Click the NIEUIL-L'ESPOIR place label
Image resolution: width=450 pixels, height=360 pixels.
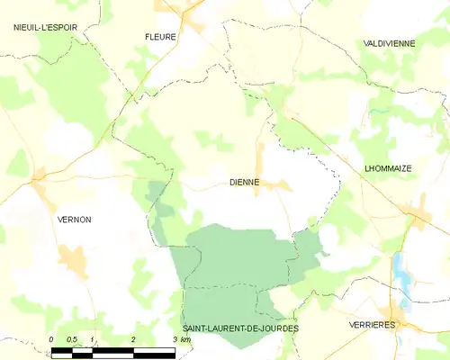coord(45,28)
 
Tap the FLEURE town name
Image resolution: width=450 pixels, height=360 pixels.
coord(160,37)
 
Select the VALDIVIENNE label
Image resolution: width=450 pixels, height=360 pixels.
coord(388,43)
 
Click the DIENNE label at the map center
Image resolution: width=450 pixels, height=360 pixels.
coord(243,182)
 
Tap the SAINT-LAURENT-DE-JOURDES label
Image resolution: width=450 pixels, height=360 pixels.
coord(239,328)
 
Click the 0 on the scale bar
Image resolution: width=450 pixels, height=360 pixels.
coord(51,338)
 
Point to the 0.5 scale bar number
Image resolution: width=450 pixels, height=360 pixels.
coord(72,338)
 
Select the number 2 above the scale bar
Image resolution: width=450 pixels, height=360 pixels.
coord(133,338)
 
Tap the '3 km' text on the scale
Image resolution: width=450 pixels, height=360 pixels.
coord(180,338)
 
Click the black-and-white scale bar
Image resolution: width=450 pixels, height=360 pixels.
coord(112,351)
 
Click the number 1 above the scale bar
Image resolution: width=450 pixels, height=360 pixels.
coord(93,338)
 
